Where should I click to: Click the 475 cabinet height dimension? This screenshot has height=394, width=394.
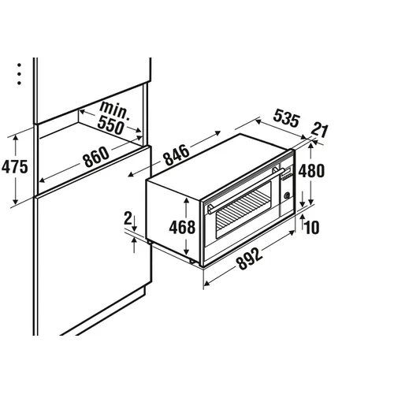click(15, 166)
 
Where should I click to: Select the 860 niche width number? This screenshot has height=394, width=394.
click(95, 157)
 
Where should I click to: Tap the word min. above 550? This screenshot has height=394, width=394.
click(114, 110)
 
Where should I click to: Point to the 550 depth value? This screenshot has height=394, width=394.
click(110, 126)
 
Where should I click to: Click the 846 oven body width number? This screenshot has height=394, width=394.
click(177, 155)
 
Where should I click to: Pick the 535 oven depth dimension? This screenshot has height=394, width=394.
click(286, 118)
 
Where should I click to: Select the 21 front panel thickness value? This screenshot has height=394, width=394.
click(320, 131)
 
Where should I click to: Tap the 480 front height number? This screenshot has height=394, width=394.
click(311, 171)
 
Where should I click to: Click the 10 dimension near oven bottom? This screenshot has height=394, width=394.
click(312, 227)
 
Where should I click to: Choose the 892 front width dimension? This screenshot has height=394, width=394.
click(250, 259)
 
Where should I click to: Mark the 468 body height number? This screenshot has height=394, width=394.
click(182, 227)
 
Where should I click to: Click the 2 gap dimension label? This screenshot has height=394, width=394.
click(128, 218)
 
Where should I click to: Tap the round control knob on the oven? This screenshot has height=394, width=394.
click(287, 195)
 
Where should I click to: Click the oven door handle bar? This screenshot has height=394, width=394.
click(247, 190)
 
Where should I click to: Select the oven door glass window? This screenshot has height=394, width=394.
click(243, 210)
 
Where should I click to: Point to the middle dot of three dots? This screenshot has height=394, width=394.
click(19, 74)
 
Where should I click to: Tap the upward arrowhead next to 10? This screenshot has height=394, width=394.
click(302, 217)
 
